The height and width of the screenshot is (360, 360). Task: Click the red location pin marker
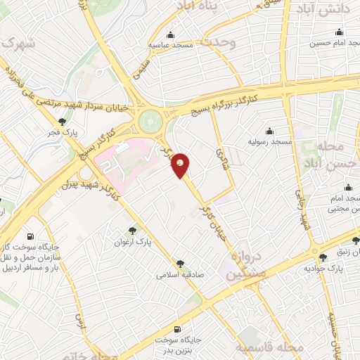pyautogui.click(x=181, y=165)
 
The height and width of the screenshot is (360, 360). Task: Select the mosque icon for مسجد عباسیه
pyautogui.click(x=169, y=35)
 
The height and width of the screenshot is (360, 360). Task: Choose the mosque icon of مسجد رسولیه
pyautogui.click(x=269, y=131)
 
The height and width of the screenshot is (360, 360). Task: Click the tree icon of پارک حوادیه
pyautogui.click(x=323, y=258)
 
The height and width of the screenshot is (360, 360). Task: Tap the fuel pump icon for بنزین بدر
pyautogui.click(x=176, y=329)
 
